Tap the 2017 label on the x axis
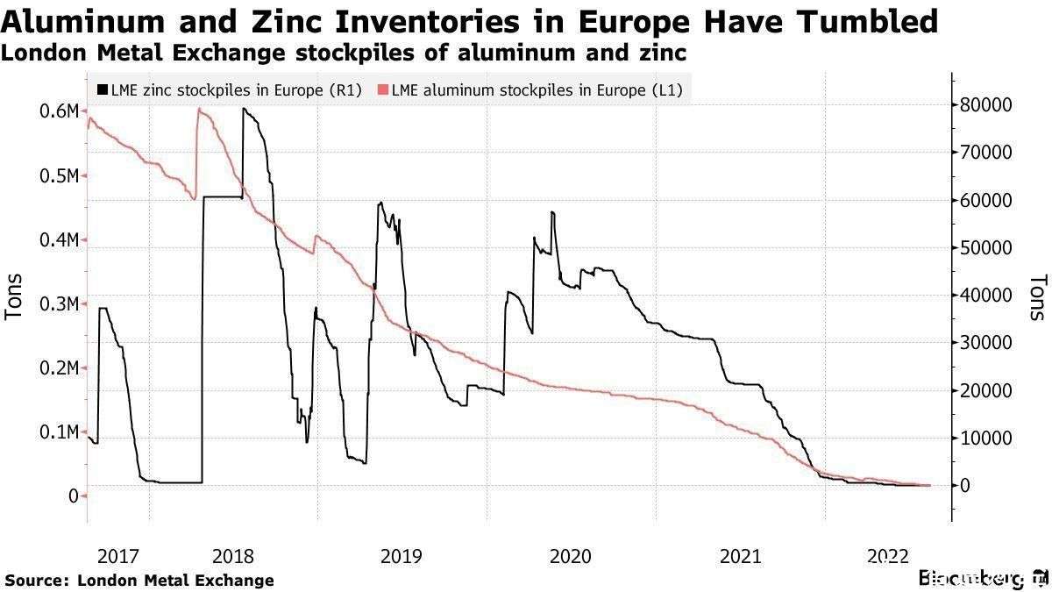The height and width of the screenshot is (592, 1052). click(x=118, y=556)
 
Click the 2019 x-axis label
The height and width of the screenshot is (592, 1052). click(x=401, y=556)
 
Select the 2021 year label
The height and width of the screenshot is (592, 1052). click(x=740, y=556)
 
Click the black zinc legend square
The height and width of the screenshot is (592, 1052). click(x=103, y=89)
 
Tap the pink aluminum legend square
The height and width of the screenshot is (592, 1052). click(x=382, y=89)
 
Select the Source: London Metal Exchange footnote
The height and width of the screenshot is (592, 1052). click(x=139, y=580)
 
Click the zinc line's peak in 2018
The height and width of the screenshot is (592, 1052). click(x=244, y=109)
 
